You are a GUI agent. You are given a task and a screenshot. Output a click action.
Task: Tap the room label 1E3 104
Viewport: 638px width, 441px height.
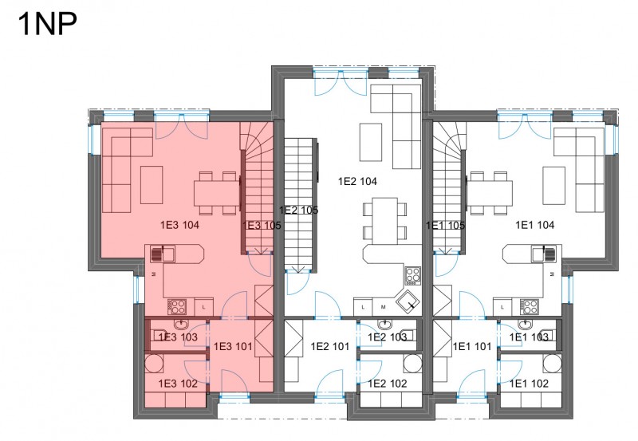(x=179, y=225)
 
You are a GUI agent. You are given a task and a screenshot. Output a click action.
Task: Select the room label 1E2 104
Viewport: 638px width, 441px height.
(x=357, y=182)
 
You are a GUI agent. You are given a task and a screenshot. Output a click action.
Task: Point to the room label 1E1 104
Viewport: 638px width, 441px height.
(x=534, y=225)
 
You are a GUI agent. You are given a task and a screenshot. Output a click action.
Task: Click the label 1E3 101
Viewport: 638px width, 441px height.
(x=233, y=347)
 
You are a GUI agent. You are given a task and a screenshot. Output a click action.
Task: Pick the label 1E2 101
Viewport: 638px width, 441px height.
(x=330, y=347)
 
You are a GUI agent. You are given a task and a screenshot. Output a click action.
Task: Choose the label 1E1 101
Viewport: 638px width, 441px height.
(x=472, y=347)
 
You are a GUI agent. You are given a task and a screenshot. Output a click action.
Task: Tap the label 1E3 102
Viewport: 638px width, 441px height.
(x=178, y=384)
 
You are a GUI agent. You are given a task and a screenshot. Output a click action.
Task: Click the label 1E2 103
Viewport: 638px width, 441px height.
(x=387, y=337)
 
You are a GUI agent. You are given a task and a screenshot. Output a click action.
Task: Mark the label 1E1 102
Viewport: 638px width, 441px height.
(x=529, y=384)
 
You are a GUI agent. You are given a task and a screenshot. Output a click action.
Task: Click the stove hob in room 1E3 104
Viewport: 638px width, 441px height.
(x=177, y=307)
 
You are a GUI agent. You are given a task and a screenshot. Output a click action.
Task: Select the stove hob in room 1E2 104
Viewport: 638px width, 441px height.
(x=412, y=275)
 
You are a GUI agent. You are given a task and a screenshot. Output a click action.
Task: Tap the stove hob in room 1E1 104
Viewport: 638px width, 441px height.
(x=529, y=307)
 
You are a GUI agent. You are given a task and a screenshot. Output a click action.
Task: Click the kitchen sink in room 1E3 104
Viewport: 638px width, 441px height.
(x=163, y=254)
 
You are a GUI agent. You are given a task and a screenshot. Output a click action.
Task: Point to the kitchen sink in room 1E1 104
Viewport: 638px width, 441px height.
(x=544, y=254)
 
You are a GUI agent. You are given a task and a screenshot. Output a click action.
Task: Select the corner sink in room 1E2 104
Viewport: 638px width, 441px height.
(x=408, y=302)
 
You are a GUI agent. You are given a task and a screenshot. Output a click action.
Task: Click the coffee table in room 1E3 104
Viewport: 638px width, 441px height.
(x=152, y=185)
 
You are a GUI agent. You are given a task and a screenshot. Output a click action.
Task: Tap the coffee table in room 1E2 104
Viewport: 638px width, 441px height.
(x=371, y=143)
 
